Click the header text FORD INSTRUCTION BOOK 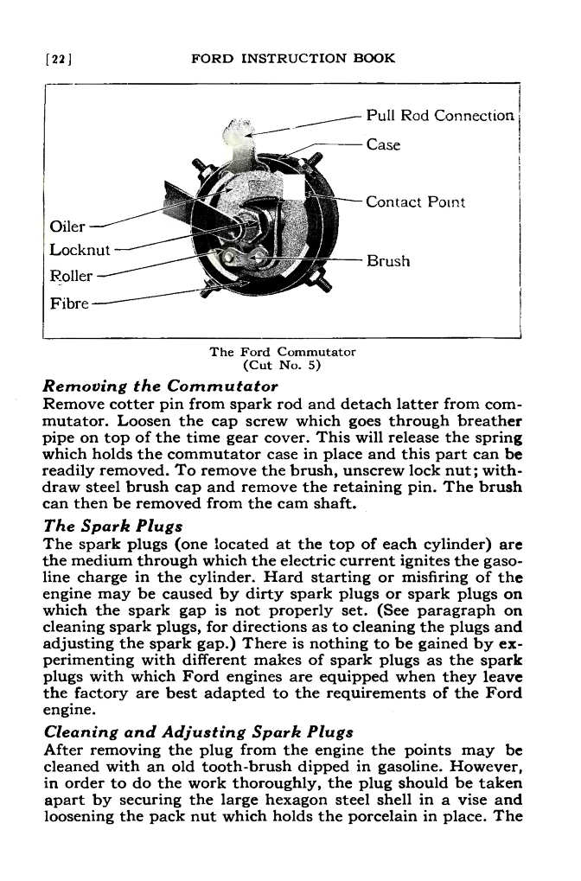[x=292, y=59]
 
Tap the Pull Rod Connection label [x=440, y=116]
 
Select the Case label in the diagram [x=383, y=144]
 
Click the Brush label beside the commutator [x=388, y=260]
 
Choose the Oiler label [x=68, y=227]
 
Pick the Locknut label [x=80, y=252]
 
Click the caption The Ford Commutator [x=283, y=352]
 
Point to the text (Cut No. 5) [x=283, y=365]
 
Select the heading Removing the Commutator [x=160, y=385]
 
